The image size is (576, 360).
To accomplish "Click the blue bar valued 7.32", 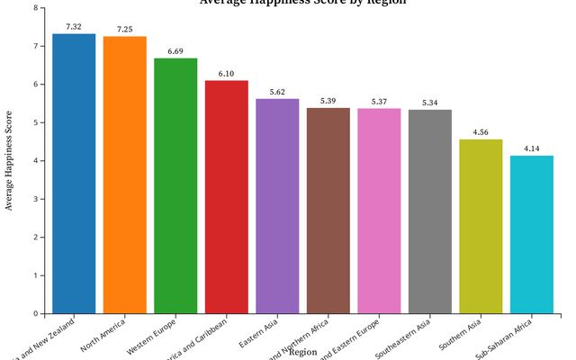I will pyautogui.click(x=74, y=174).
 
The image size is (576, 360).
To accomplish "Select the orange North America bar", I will pyautogui.click(x=124, y=175).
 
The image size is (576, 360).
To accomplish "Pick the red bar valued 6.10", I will pyautogui.click(x=226, y=197).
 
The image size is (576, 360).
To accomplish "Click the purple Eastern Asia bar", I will pyautogui.click(x=277, y=206).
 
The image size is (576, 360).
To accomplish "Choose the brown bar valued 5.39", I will pyautogui.click(x=328, y=211).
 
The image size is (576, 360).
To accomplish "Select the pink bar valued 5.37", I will pyautogui.click(x=379, y=211).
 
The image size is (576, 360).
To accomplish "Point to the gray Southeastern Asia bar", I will pyautogui.click(x=429, y=211).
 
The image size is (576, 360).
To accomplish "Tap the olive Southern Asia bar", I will pyautogui.click(x=481, y=227).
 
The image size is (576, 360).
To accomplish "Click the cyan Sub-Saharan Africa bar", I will pyautogui.click(x=531, y=235).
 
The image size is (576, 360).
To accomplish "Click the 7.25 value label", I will pyautogui.click(x=124, y=30).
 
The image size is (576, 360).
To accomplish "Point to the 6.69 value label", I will pyautogui.click(x=175, y=51).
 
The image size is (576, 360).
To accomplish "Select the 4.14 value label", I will pyautogui.click(x=531, y=148).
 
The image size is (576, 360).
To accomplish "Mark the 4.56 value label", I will pyautogui.click(x=481, y=132).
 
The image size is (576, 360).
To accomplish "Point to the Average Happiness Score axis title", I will pyautogui.click(x=10, y=160).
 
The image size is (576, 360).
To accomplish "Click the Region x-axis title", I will pyautogui.click(x=302, y=352).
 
